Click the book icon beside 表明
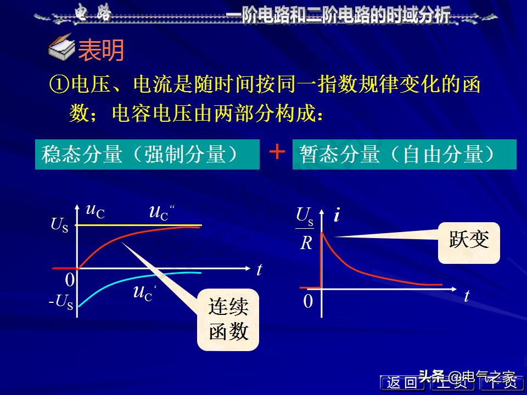click(x=62, y=49)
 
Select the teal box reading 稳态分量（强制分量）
click(x=147, y=154)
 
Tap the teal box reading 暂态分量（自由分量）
click(x=405, y=154)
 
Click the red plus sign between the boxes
click(x=278, y=152)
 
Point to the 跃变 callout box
click(x=469, y=242)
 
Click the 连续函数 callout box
click(x=228, y=319)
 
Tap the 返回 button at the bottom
click(x=402, y=382)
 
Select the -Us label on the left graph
click(x=60, y=302)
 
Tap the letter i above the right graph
click(x=337, y=215)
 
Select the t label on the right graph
click(x=467, y=296)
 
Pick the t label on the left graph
click(x=259, y=269)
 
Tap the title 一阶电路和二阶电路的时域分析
click(x=339, y=15)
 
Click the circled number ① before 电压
click(x=59, y=84)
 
